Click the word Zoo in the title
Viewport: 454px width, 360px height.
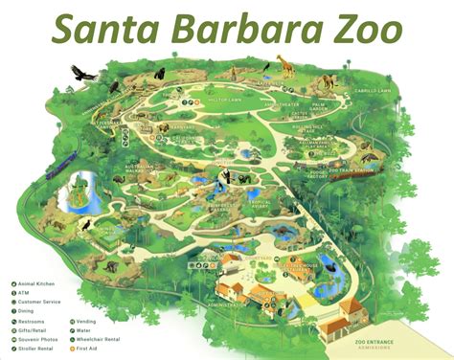click(362, 31)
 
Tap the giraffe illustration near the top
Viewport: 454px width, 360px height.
click(284, 67)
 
